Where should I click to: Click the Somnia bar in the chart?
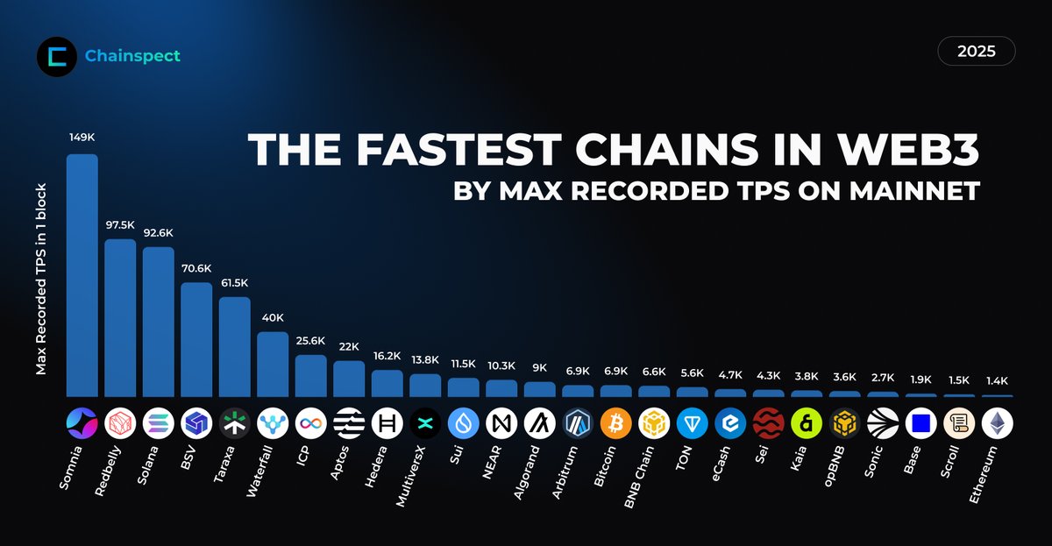click(82, 276)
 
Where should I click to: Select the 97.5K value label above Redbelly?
click(120, 225)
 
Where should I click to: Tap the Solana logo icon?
click(159, 424)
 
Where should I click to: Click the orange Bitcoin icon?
click(616, 424)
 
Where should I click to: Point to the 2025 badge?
click(977, 52)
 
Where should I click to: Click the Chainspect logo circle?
click(57, 56)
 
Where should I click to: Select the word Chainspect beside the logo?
click(132, 56)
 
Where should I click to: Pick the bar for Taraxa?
click(235, 347)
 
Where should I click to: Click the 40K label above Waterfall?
click(273, 317)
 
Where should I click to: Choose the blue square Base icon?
click(920, 424)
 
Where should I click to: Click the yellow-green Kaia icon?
click(807, 424)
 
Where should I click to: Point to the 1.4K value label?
click(997, 381)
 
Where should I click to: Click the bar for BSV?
click(196, 340)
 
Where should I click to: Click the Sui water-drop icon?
click(464, 424)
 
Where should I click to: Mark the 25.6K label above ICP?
click(311, 341)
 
